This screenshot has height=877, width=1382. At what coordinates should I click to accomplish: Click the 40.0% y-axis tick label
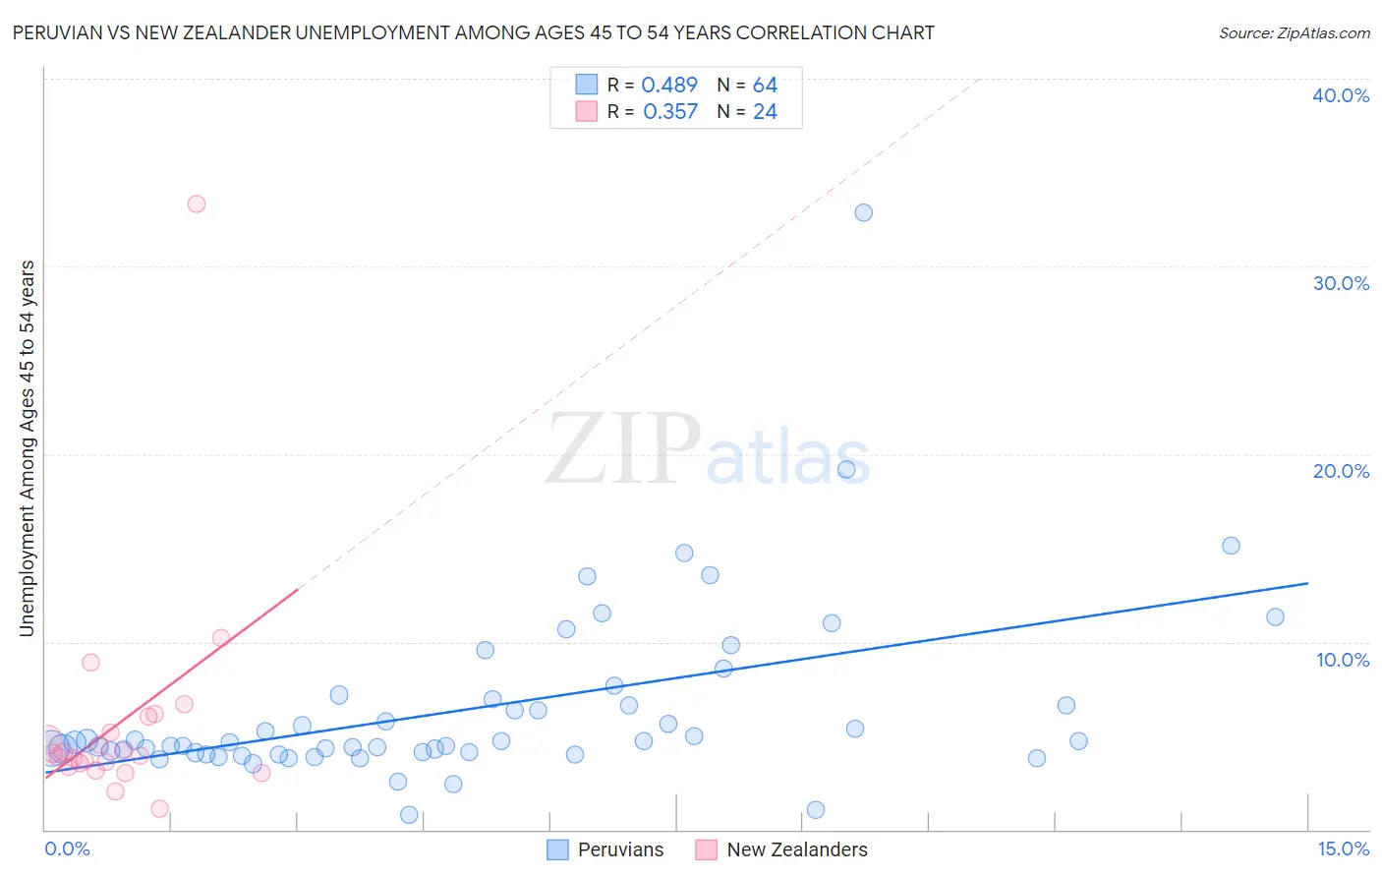tap(1341, 95)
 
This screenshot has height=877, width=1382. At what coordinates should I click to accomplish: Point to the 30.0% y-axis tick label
tap(1341, 283)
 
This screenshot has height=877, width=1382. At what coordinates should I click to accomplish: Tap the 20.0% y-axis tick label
tap(1341, 471)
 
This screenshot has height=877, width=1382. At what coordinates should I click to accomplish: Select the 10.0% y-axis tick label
tap(1343, 660)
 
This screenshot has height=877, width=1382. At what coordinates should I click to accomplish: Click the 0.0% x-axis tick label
tap(67, 848)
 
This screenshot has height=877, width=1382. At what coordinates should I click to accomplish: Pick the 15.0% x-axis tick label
tap(1343, 848)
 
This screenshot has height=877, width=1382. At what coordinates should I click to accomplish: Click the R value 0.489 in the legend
tap(669, 86)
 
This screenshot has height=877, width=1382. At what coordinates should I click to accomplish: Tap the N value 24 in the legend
tap(765, 112)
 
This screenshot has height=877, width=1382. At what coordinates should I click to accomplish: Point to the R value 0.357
tap(670, 112)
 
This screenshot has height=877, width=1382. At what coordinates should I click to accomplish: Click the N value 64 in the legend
tap(765, 86)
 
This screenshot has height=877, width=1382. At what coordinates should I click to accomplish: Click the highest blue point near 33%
tap(863, 212)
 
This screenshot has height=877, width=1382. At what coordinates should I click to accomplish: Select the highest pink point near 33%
tap(197, 205)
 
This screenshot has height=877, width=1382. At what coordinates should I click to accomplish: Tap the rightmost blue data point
tap(1275, 617)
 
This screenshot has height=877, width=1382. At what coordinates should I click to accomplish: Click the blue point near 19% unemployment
tap(846, 470)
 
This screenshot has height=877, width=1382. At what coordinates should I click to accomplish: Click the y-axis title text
tap(27, 448)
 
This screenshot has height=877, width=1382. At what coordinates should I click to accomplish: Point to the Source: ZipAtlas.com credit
tap(1294, 33)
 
